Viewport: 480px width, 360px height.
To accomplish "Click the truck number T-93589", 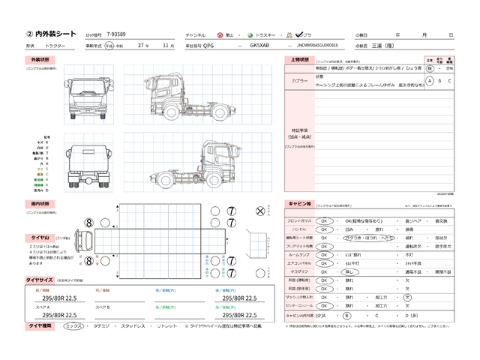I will point(117,35).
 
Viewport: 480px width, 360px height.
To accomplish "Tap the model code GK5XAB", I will point(259,45).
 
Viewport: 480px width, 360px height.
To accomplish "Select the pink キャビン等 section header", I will point(300,204).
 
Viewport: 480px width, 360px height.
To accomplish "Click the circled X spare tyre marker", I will point(261,212).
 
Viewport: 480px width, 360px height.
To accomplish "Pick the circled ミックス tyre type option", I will point(73,326).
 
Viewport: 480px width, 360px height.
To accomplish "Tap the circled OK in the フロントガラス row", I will point(325,221).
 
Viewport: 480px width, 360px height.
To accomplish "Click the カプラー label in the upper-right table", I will point(299,81).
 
